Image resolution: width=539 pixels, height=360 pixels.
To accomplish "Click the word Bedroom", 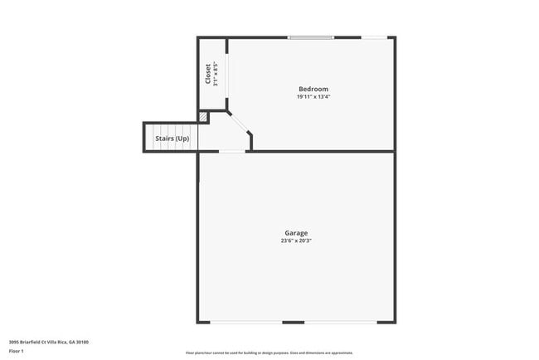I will click(x=313, y=89).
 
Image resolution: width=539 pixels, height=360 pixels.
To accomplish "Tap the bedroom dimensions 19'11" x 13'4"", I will click(x=313, y=97).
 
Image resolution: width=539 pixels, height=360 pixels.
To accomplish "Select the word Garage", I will click(x=297, y=233).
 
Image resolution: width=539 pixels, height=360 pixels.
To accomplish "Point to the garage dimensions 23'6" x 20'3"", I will click(x=297, y=241).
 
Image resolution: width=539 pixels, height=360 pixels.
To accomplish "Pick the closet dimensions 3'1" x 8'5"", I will click(x=216, y=74).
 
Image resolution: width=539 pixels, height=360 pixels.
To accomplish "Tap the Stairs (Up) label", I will click(x=172, y=138).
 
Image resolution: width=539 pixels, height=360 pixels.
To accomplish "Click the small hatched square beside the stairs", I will click(x=202, y=118).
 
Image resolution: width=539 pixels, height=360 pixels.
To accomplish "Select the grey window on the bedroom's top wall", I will click(x=311, y=37).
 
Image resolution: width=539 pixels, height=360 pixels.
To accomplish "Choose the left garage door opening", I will click(x=245, y=323).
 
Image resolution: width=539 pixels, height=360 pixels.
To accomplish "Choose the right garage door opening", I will click(x=340, y=323).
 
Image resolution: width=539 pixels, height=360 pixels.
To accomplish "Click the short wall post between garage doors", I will click(x=293, y=323).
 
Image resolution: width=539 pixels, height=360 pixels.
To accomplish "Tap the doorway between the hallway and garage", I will click(x=232, y=151).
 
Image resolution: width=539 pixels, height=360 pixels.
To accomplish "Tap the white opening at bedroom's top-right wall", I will click(x=376, y=37).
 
